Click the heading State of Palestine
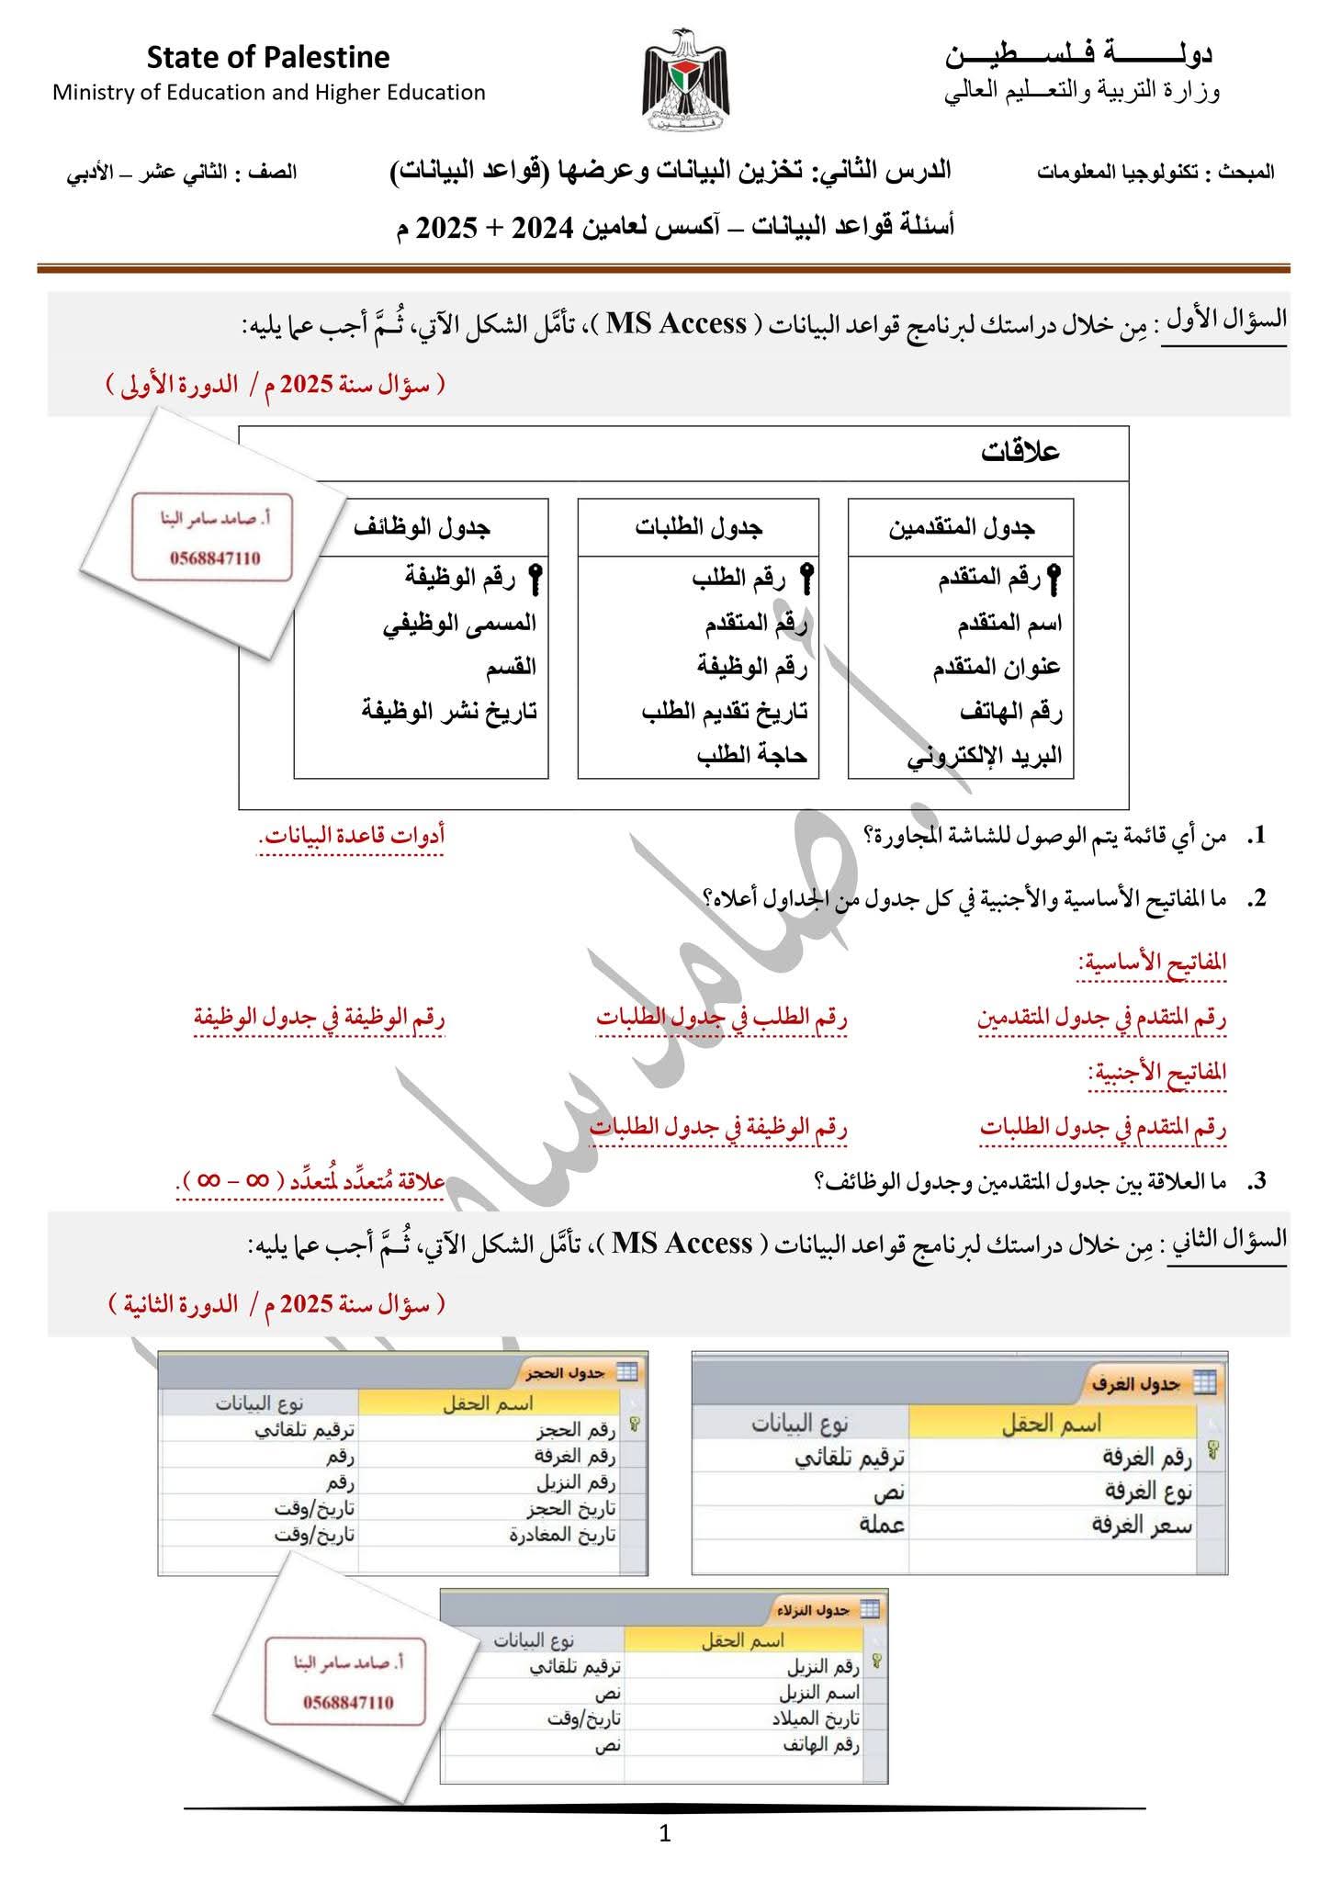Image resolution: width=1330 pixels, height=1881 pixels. coord(268,58)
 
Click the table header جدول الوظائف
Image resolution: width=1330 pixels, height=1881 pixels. coord(422,527)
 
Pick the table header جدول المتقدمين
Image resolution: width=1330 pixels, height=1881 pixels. coord(961,527)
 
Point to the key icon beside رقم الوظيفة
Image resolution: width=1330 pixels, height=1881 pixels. coord(535,580)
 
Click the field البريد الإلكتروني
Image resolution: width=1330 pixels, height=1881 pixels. coord(985,756)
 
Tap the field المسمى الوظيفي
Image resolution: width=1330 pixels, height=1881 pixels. coord(459,623)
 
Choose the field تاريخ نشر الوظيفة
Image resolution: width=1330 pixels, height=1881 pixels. coord(449,711)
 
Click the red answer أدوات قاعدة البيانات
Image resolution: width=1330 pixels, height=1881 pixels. coord(352,836)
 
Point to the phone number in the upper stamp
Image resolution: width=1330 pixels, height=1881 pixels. coord(214,558)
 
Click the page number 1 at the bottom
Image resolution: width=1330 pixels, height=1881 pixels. coord(665,1834)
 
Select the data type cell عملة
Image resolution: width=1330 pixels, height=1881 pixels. coord(882,1525)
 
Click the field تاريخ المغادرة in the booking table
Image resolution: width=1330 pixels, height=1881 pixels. coord(563,1535)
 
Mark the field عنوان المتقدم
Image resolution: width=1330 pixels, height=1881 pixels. coord(997,668)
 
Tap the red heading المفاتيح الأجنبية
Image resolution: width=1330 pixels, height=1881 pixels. coord(1157,1073)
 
